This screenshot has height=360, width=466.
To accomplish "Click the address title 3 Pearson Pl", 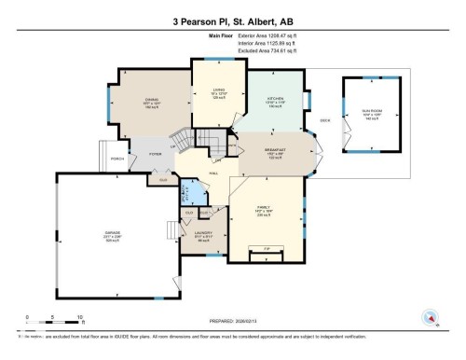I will pos(233,21).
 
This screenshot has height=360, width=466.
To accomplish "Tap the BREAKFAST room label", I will pos(274,152).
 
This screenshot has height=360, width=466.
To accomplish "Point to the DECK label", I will pos(325,119).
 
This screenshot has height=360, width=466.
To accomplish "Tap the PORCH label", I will pos(117,159).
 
